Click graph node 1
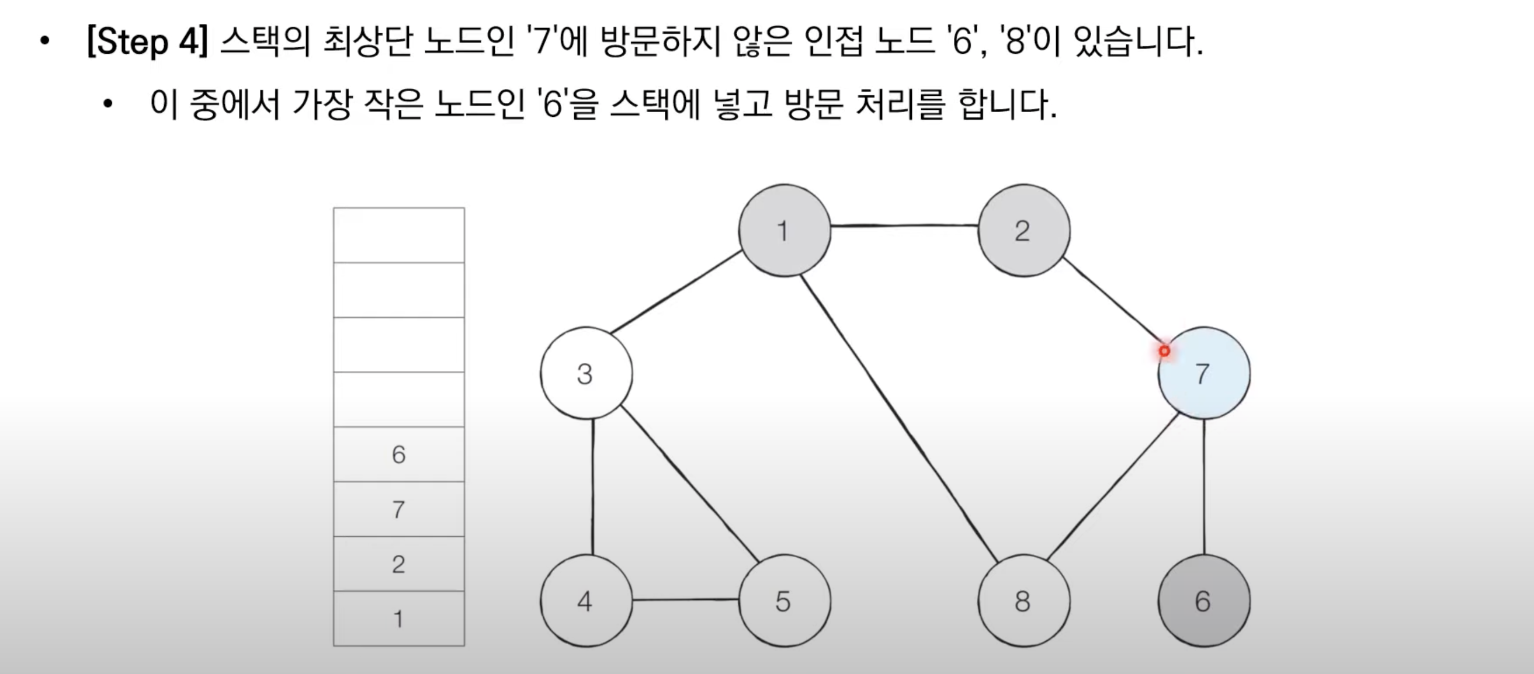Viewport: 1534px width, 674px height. pos(785,231)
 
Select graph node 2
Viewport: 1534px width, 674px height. pos(1023,231)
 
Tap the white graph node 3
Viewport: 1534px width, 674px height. pos(586,373)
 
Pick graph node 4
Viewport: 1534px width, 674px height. pos(586,601)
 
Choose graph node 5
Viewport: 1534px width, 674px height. pos(785,601)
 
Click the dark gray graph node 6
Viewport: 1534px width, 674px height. pos(1203,601)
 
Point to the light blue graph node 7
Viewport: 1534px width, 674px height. pos(1203,373)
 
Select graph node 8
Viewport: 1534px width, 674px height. pos(1023,601)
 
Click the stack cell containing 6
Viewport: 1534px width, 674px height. pos(399,454)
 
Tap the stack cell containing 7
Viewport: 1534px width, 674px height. pos(399,509)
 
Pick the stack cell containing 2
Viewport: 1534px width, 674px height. pos(399,564)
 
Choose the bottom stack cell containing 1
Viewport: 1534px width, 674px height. pos(399,619)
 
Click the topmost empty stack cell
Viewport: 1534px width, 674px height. pos(399,235)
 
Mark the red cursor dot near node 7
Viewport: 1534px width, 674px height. pos(1164,351)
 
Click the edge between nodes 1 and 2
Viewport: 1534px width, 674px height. pos(904,226)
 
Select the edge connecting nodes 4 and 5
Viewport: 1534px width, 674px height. pos(685,600)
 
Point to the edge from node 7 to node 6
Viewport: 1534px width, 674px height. pos(1204,487)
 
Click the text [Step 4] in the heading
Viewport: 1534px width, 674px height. pos(147,41)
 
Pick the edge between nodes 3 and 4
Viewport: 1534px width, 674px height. pos(592,487)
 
